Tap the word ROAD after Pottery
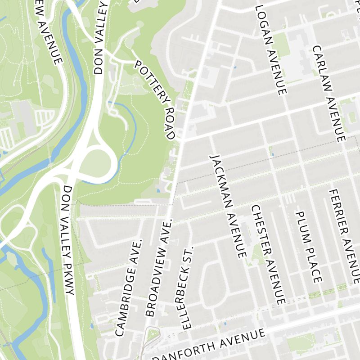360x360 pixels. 169,123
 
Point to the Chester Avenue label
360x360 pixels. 268,254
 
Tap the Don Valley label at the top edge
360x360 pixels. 100,38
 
